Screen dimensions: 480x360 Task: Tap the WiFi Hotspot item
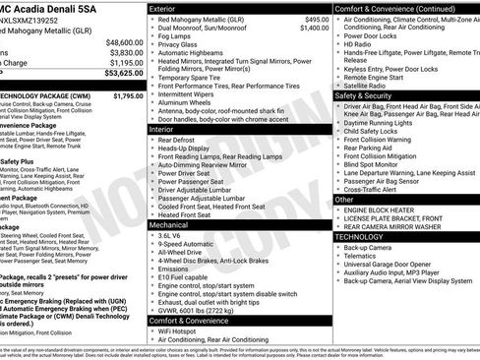pyautogui.click(x=182, y=330)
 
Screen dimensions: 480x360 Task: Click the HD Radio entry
pyautogui.click(x=358, y=45)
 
